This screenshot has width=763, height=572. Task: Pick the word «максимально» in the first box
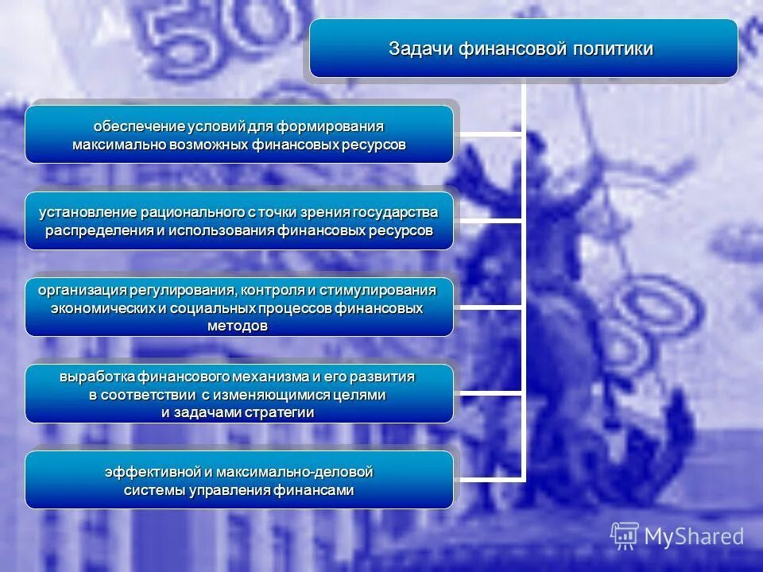pyautogui.click(x=116, y=145)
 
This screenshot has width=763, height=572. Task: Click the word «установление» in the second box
pyautogui.click(x=90, y=213)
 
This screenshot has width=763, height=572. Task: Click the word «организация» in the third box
pyautogui.click(x=82, y=290)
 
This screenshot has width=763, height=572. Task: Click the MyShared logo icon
pyautogui.click(x=625, y=536)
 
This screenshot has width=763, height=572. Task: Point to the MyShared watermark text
pyautogui.click(x=694, y=537)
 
